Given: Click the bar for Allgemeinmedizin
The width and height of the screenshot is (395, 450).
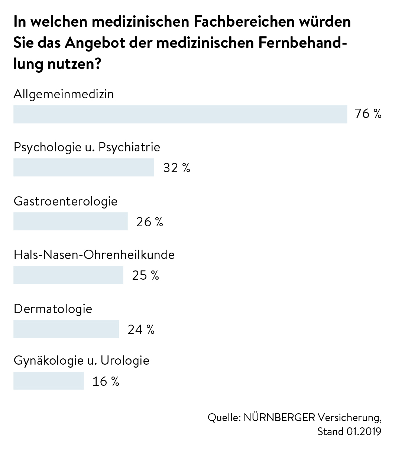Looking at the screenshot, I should coord(180,114).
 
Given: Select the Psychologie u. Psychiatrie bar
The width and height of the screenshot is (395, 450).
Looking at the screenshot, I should coord(84,167).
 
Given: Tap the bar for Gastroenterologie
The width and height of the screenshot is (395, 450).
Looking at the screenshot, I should coord(71,221).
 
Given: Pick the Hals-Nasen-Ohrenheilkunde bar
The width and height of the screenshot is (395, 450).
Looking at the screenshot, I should coord(68,275).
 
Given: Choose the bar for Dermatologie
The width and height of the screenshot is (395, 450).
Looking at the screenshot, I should coord(66,329).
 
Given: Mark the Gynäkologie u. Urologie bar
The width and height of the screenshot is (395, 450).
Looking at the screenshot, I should coord(49,381).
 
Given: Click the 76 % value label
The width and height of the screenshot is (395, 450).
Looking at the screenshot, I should coord(368,114).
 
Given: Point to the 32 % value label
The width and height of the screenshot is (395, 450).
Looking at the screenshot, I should coord(177,168).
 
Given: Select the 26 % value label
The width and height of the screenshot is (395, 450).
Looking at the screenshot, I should coord(150,222).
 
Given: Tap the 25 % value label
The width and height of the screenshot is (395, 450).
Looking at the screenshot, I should coord(145,275).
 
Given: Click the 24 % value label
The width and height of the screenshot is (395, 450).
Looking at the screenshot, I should coord(141,329).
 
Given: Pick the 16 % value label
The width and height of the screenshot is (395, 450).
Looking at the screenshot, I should coord(106,381).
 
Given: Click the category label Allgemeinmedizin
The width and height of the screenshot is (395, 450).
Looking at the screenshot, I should coord(64,94).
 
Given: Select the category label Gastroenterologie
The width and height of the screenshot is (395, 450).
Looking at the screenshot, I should coord(65,201).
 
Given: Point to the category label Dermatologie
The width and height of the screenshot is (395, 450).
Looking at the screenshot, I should coord(53,309).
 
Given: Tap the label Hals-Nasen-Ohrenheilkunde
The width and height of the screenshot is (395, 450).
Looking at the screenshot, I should coord(94,255).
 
